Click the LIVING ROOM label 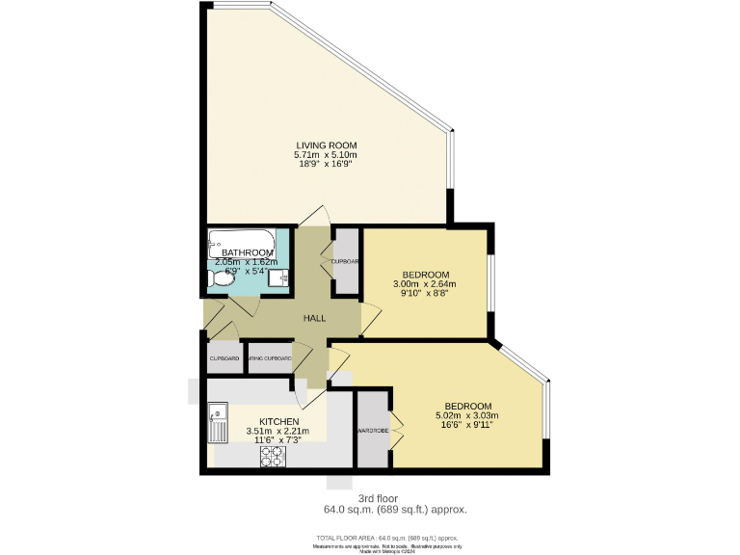pyautogui.click(x=325, y=145)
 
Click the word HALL pyautogui.click(x=314, y=318)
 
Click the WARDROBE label pyautogui.click(x=372, y=431)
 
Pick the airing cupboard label pyautogui.click(x=269, y=358)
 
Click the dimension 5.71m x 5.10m pyautogui.click(x=325, y=154)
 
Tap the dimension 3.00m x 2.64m pyautogui.click(x=424, y=284)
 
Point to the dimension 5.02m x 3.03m pyautogui.click(x=466, y=416)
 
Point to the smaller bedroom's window pyautogui.click(x=491, y=283)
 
